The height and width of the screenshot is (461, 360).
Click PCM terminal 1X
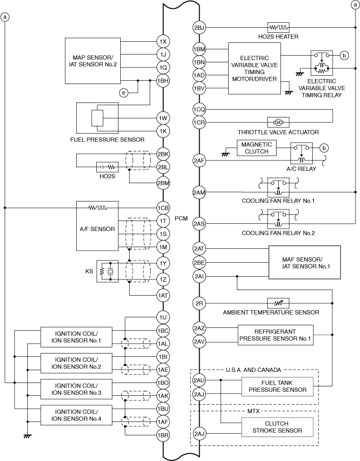click(162, 42)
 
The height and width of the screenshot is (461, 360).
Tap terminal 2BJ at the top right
click(199, 27)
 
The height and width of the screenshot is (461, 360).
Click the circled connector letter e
click(124, 92)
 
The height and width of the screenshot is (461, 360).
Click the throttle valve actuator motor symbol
click(277, 122)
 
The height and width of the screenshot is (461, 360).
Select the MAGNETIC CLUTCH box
click(257, 148)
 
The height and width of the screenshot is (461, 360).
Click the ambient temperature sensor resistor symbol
click(277, 303)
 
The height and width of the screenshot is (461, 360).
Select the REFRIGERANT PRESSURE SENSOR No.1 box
click(275, 334)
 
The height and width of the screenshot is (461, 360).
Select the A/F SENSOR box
click(97, 228)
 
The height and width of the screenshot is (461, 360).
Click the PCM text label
click(181, 218)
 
